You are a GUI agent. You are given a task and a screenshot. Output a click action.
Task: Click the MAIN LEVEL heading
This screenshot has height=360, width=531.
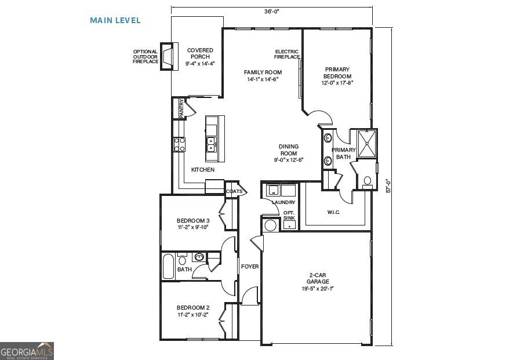click(115, 20)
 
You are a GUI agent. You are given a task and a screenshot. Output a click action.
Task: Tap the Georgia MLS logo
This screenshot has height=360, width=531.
click(27, 350)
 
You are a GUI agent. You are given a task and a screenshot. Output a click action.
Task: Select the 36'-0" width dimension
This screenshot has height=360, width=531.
click(271, 11)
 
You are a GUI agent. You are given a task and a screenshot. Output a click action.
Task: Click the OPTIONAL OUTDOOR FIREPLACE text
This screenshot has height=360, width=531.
click(145, 56)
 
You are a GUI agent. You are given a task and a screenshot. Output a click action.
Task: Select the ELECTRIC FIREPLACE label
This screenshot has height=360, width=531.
click(287, 54)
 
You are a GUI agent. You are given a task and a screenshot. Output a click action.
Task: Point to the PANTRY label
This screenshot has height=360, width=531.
click(181, 108)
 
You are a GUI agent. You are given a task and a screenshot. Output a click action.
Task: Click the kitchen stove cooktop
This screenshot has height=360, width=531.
click(179, 144)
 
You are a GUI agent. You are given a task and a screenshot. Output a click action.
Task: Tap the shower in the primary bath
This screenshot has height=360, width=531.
click(366, 144)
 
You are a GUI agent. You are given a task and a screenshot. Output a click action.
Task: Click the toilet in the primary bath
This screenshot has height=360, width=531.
click(367, 181)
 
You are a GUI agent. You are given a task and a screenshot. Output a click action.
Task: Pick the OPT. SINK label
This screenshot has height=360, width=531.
click(289, 216)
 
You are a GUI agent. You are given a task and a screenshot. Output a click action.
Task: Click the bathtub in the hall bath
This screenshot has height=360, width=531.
click(168, 266)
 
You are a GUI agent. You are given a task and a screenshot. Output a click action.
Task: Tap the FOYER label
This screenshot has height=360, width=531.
click(250, 267)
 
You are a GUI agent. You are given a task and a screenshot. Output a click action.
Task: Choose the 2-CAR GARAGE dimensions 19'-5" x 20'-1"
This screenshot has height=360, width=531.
click(317, 288)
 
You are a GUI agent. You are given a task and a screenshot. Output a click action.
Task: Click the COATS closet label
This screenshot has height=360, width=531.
click(234, 191)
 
